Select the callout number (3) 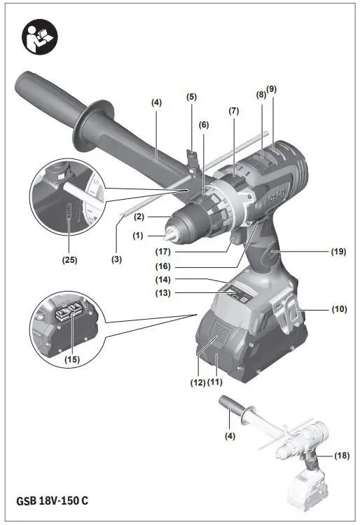coord(116,259)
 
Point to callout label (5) coord(191,97)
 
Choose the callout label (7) coord(233,111)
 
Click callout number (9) coord(272,90)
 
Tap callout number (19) coord(339,250)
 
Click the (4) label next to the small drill coord(230,435)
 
